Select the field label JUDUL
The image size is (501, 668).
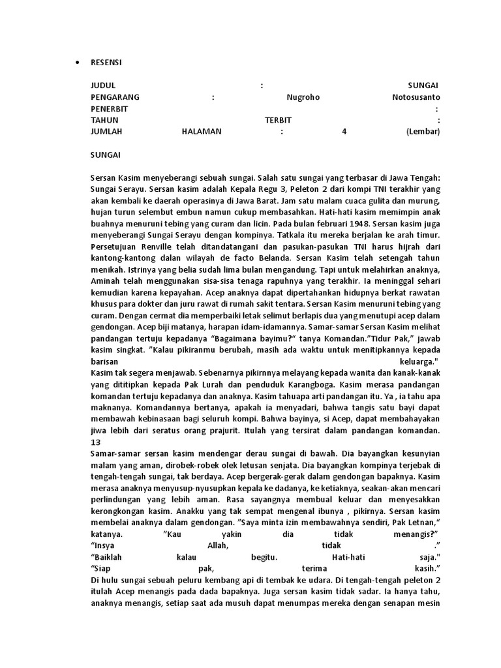pyautogui.click(x=103, y=85)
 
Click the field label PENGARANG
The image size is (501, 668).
pyautogui.click(x=115, y=97)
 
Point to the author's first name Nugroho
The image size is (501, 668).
pyautogui.click(x=303, y=97)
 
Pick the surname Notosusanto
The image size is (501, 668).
pyautogui.click(x=415, y=97)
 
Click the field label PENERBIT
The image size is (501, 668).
pyautogui.click(x=110, y=108)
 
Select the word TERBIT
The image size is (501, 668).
pyautogui.click(x=278, y=120)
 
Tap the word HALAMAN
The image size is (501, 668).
pyautogui.click(x=202, y=131)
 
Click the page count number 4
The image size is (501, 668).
pyautogui.click(x=344, y=131)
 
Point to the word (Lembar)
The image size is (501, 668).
pyautogui.click(x=423, y=131)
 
